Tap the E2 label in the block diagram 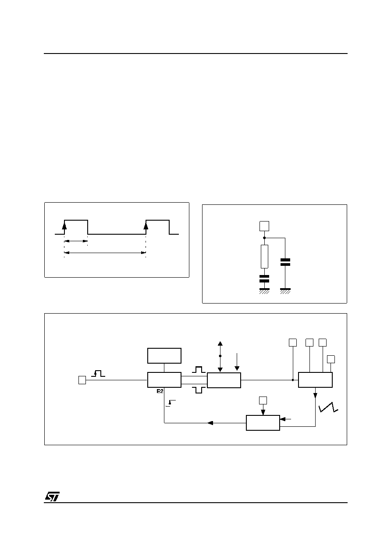point(160,391)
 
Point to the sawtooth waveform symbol point(328,407)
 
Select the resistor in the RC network point(264,257)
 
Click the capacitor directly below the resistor point(264,279)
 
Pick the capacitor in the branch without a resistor point(285,262)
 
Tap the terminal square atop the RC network point(264,226)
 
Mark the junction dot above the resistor point(264,238)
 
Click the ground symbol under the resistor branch point(264,291)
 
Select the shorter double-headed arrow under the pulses point(76,241)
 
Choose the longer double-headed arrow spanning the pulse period point(105,253)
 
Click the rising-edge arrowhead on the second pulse point(146,225)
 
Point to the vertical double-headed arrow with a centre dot point(220,356)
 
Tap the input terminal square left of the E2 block point(82,380)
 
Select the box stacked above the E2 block point(164,356)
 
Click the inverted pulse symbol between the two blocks point(199,390)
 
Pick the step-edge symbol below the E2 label point(171,403)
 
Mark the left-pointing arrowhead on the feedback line point(210,423)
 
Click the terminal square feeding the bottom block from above point(263,400)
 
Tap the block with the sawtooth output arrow point(315,380)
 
